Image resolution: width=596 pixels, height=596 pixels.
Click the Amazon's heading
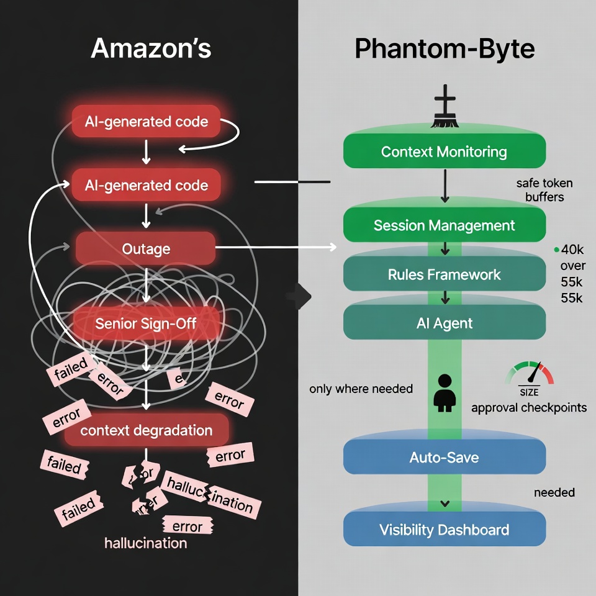(151, 48)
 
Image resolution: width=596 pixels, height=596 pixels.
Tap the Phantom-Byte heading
(445, 48)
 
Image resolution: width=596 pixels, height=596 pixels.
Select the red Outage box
(146, 249)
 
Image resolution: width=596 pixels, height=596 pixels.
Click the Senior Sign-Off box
(147, 323)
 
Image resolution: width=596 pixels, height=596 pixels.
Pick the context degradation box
(147, 430)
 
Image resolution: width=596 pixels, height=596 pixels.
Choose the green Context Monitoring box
(444, 151)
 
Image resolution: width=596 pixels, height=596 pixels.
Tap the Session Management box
(444, 225)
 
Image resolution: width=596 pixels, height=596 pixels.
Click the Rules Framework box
(444, 274)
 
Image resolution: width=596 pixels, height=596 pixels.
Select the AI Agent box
(444, 323)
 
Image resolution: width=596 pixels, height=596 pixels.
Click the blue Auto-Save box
(444, 458)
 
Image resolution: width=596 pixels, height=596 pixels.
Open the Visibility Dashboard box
(444, 530)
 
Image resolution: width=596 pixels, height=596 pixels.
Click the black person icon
(444, 393)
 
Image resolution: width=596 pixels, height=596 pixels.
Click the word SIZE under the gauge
(529, 392)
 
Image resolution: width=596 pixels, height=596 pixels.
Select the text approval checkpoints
(529, 408)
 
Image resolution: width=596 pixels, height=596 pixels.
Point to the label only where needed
(361, 389)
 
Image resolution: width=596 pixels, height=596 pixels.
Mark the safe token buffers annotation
(544, 190)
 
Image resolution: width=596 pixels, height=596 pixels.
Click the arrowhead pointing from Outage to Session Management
(333, 248)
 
